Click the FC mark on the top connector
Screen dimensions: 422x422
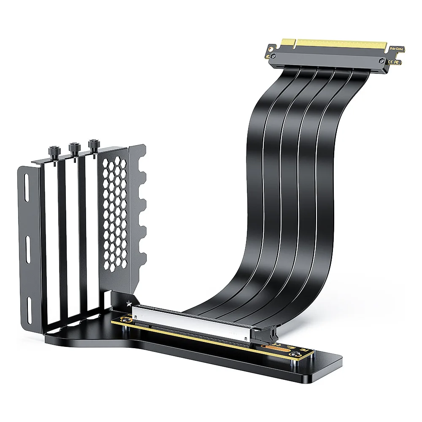[398, 62]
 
